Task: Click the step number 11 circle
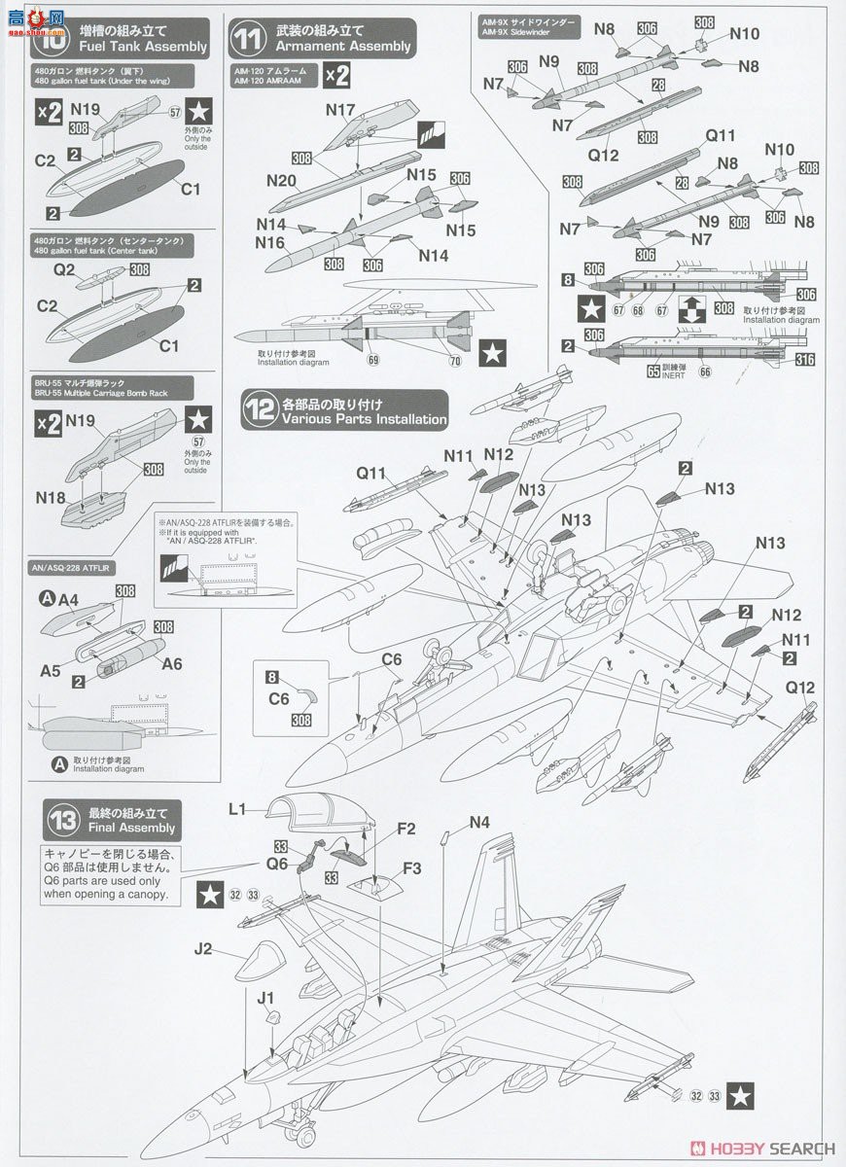249,38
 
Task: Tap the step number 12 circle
261,409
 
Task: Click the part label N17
340,111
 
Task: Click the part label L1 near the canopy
238,807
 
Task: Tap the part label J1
265,997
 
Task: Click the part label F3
411,866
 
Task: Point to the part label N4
479,823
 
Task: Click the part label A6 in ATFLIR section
171,663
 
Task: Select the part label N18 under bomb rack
52,497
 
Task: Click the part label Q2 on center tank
64,271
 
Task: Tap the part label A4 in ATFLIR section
67,600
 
